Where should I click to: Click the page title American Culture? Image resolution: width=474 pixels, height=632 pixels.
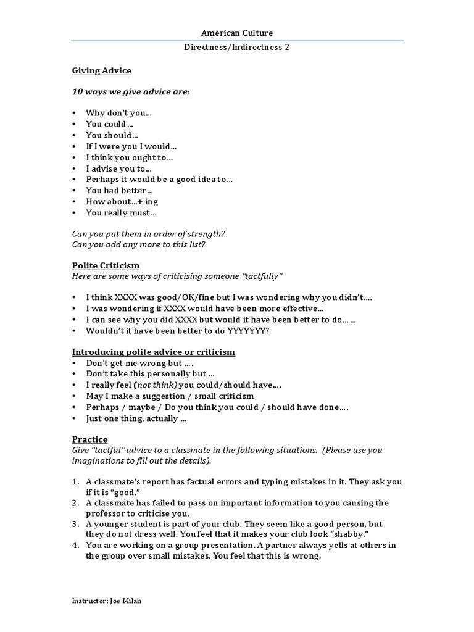coord(237,33)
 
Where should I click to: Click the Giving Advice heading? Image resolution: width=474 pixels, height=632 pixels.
coord(101,71)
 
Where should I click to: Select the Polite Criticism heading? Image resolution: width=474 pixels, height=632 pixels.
coord(105,265)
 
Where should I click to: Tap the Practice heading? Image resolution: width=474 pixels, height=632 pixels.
coord(89,439)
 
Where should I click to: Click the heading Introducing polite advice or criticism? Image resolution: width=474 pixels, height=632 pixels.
coord(153,352)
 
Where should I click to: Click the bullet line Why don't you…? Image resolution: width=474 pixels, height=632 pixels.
coord(118,113)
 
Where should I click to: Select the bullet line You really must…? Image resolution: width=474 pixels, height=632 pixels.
coord(121,213)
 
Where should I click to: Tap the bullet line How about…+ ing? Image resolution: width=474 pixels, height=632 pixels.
coord(122,202)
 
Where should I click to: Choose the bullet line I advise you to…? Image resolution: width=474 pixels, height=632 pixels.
coord(118,168)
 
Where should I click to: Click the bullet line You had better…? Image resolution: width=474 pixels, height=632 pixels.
coord(119,191)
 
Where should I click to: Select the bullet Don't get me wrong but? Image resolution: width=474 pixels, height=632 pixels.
coord(134,363)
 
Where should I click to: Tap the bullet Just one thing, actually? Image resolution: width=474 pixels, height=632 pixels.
coord(136,418)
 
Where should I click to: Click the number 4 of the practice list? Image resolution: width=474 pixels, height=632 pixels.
coord(75,545)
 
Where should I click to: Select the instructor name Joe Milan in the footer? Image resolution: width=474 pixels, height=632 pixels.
coord(127,600)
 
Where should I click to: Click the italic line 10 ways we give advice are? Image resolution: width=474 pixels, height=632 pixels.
coord(131,92)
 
